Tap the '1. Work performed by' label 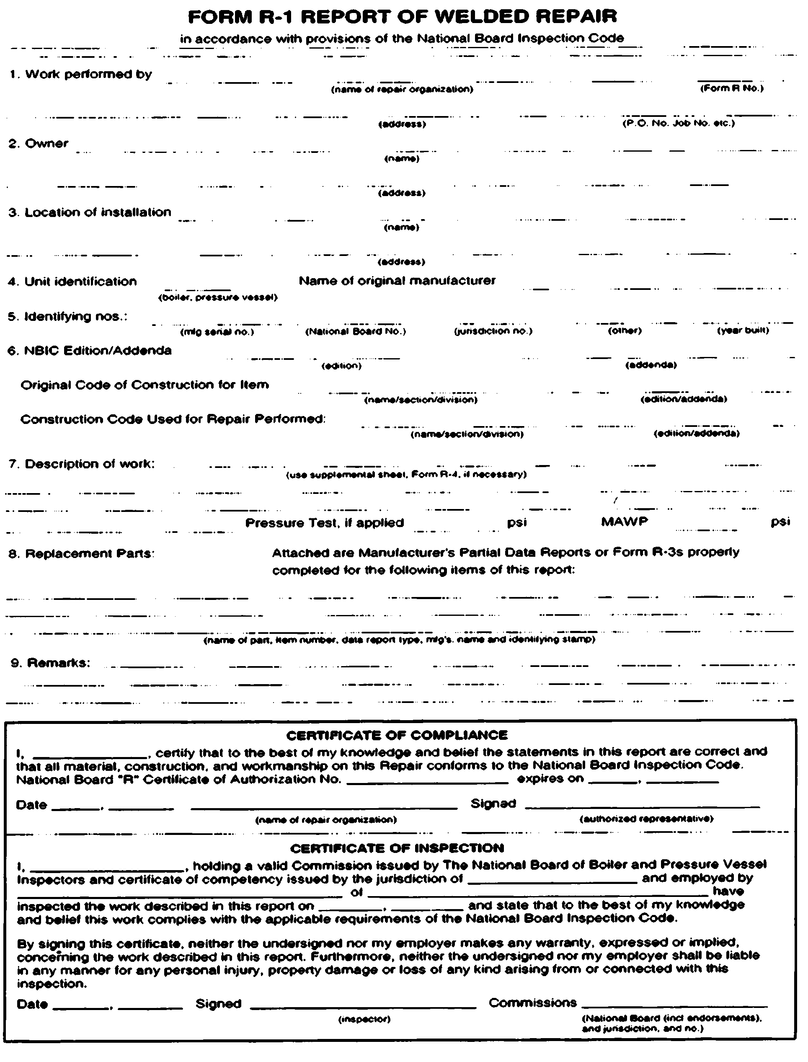point(81,74)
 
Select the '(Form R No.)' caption point(731,88)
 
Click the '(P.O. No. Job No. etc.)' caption point(679,123)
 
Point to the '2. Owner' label point(39,143)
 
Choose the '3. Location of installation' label point(90,212)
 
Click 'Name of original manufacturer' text point(397,280)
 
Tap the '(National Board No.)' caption point(356,331)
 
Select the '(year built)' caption point(743,331)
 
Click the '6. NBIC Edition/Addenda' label point(90,351)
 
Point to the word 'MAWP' point(624,522)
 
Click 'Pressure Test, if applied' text point(324,523)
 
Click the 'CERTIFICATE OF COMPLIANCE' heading point(397,735)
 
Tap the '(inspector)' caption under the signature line point(364,1019)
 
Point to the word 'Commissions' point(532,1003)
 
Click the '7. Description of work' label point(82,464)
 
